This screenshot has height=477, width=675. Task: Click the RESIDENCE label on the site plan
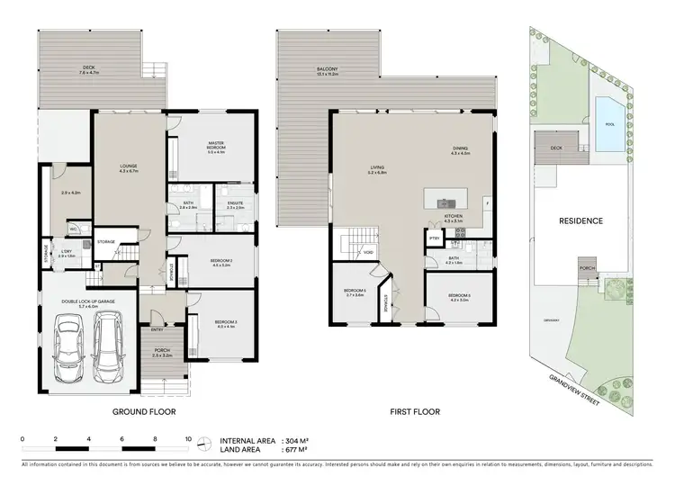pos(580,220)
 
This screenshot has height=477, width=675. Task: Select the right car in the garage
pos(109,346)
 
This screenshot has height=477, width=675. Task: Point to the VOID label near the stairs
pos(369,252)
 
